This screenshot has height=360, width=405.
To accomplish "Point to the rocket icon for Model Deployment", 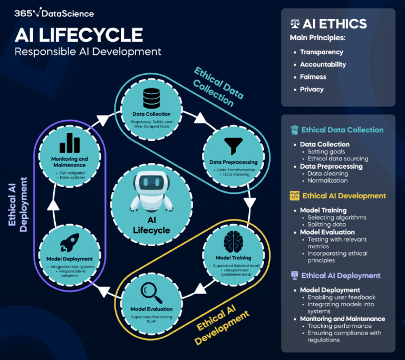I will click(70, 243).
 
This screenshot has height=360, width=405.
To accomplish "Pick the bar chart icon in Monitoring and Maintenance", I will click(70, 142).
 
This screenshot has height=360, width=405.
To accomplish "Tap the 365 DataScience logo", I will click(54, 13).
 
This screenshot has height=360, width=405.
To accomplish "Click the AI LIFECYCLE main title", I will click(79, 35).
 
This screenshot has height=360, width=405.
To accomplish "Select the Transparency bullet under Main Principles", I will click(321, 52).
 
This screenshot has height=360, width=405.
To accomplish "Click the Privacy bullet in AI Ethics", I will click(312, 89).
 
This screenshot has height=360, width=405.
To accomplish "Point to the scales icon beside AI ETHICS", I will click(295, 24).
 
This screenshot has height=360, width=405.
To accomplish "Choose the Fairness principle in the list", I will click(313, 77).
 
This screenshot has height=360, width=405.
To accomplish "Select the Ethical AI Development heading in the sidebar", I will click(344, 196).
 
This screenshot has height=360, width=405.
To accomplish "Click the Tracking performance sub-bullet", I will click(340, 326).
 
